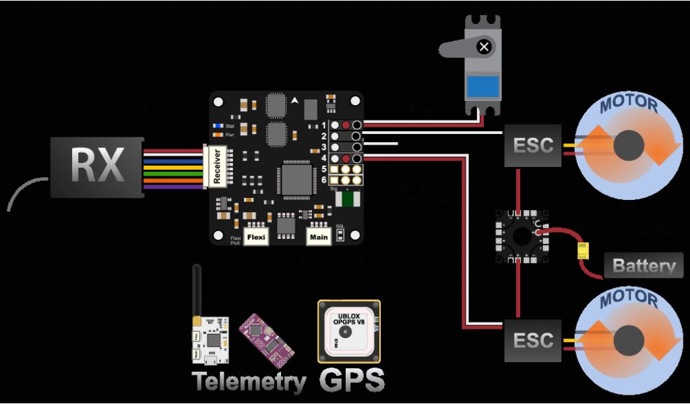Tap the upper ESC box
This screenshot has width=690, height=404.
[533, 145]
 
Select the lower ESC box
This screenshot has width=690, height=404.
[533, 340]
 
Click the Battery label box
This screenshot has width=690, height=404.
[643, 265]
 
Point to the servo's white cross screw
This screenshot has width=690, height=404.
[483, 46]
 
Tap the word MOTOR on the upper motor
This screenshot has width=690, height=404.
[628, 104]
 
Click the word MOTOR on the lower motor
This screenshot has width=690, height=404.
[628, 297]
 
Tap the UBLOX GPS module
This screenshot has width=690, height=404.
[349, 331]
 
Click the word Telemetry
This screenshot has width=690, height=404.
[249, 382]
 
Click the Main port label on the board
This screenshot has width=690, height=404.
[318, 237]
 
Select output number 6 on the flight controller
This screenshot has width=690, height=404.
[324, 180]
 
